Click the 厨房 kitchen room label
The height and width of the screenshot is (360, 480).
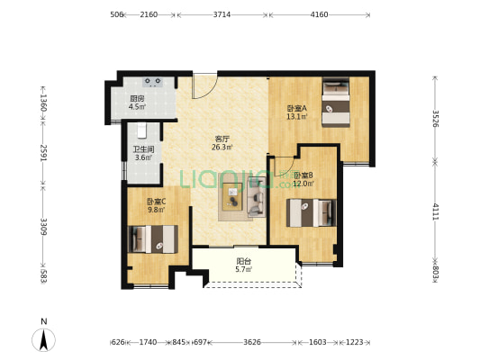click(x=137, y=99)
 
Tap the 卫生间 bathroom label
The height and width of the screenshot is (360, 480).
click(x=143, y=149)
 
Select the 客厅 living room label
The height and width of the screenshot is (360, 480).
click(x=222, y=139)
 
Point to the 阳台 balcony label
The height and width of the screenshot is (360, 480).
click(x=244, y=262)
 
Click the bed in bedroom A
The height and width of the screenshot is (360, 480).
click(x=336, y=103)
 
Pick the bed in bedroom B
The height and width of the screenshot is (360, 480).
click(x=312, y=213)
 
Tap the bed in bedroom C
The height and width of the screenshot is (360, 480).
click(x=153, y=239)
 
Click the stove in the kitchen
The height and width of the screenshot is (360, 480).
click(x=153, y=82)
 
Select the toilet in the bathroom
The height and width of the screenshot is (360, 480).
click(x=141, y=130)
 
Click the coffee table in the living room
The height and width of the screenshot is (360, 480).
click(x=232, y=197)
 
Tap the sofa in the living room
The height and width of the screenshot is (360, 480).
click(x=257, y=197)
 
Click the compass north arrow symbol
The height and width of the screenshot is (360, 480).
click(x=44, y=340)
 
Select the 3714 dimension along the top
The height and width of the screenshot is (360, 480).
click(x=222, y=14)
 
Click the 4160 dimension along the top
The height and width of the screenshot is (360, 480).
click(x=320, y=14)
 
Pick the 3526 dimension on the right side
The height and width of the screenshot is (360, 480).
click(x=435, y=119)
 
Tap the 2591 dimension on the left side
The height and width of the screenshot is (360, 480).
click(x=43, y=153)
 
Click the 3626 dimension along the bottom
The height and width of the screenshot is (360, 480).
click(x=252, y=342)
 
